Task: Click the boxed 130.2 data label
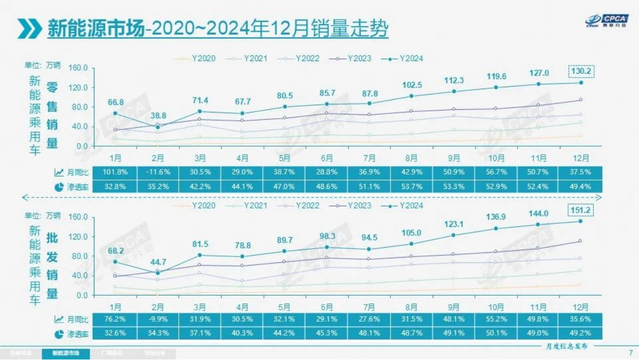coord(580,71)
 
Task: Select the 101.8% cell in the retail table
coord(114,172)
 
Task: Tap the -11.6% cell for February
coord(157,172)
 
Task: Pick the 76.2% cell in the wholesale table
coord(114,319)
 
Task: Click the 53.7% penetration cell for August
coord(412,186)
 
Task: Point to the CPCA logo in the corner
coord(606,21)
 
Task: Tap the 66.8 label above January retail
coord(115,102)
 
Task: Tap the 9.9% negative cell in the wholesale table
coord(157,319)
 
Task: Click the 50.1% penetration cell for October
coord(497,333)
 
